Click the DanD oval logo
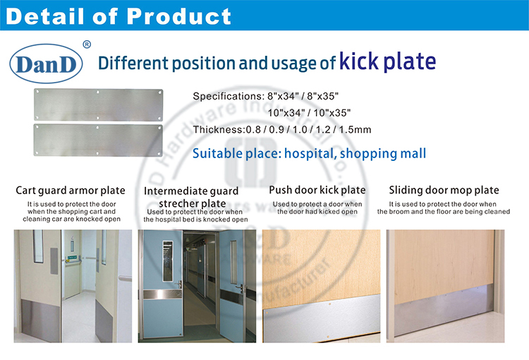pyautogui.click(x=47, y=64)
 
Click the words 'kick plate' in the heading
pyautogui.click(x=387, y=61)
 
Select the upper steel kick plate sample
pyautogui.click(x=98, y=104)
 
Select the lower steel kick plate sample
pyautogui.click(x=98, y=139)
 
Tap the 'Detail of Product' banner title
pyautogui.click(x=118, y=16)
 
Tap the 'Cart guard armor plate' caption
pyautogui.click(x=71, y=191)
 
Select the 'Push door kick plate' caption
pyautogui.click(x=317, y=190)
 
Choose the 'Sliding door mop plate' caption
pyautogui.click(x=444, y=190)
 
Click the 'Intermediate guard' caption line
pyautogui.click(x=191, y=191)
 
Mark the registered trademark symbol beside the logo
pyautogui.click(x=87, y=44)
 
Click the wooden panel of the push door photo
pyautogui.click(x=322, y=268)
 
